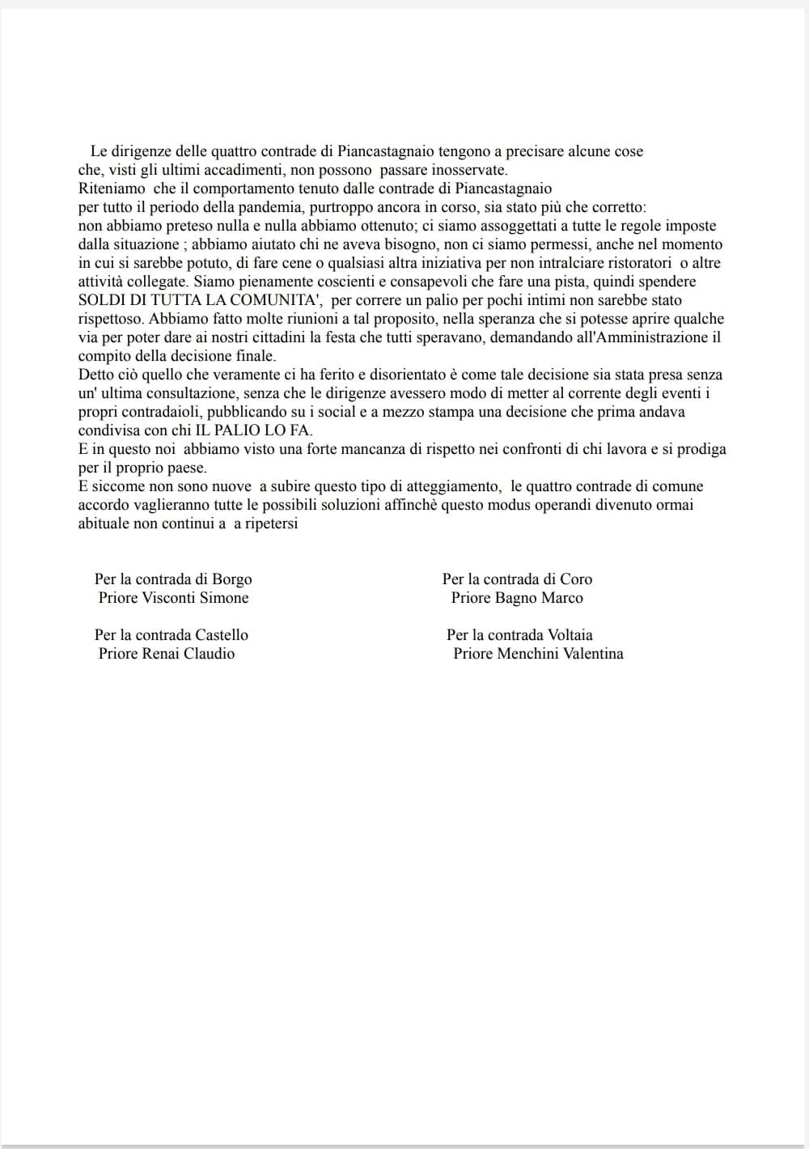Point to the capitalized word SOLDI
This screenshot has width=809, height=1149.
click(100, 300)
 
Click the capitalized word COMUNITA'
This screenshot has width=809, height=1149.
click(286, 300)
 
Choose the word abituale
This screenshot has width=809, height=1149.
click(104, 524)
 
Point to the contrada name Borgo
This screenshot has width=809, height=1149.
click(231, 579)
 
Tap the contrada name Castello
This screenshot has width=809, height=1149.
click(221, 635)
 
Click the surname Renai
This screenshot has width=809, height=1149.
click(161, 654)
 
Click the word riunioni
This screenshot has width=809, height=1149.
click(305, 319)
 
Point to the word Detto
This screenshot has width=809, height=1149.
click(95, 375)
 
